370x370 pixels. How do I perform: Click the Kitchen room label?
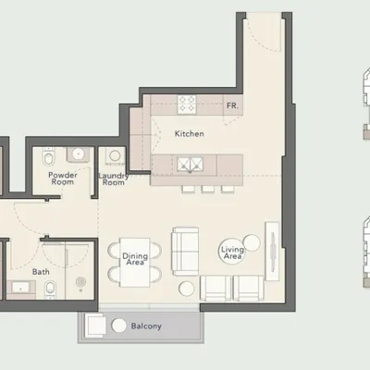point(189,134)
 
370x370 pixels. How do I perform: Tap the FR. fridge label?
point(232,105)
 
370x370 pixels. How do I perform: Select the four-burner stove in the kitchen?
point(187,104)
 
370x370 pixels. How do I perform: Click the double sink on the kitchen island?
point(191,165)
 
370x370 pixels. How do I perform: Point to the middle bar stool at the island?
point(208,189)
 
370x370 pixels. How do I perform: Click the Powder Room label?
point(63,179)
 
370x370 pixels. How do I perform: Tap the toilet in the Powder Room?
point(49,157)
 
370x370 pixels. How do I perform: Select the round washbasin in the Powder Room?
point(79,154)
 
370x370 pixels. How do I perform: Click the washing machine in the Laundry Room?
point(115,156)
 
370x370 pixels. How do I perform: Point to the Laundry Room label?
point(114,179)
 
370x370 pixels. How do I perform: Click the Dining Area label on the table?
point(135,259)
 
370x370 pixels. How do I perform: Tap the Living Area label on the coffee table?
point(232,253)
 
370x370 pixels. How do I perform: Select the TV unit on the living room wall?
point(272,251)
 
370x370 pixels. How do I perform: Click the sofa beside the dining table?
point(185,252)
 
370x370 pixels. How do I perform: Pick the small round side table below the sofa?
point(187,289)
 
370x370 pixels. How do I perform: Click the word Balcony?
point(146,327)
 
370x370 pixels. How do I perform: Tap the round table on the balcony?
point(118,326)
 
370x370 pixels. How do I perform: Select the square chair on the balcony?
point(94,326)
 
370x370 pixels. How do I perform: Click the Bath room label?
point(41,272)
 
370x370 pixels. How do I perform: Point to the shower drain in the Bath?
point(80,281)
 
